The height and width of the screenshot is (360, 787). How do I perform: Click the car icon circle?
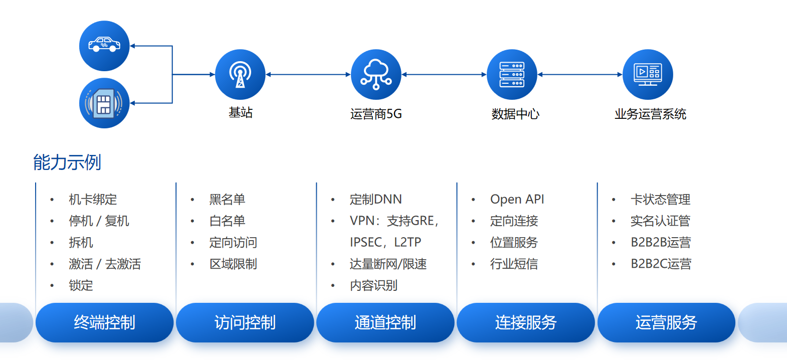[104, 46]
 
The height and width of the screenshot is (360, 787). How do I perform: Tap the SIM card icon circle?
[104, 103]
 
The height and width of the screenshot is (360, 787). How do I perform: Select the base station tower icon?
[240, 74]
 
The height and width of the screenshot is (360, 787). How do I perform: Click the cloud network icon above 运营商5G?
[376, 74]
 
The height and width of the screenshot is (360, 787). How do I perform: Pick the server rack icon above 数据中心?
[512, 74]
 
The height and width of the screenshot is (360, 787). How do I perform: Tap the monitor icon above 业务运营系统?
[648, 74]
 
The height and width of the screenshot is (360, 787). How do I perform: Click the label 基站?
[241, 112]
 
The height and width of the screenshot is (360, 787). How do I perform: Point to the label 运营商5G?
[376, 114]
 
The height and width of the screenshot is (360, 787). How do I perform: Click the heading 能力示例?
[67, 162]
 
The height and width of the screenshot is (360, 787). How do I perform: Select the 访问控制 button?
[245, 322]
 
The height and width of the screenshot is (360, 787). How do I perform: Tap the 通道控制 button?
[385, 322]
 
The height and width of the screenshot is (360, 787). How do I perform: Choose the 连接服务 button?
[526, 322]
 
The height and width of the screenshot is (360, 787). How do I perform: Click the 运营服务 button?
[666, 322]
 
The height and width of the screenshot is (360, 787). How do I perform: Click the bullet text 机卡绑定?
[93, 200]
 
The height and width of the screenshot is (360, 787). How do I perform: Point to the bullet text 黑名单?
[227, 200]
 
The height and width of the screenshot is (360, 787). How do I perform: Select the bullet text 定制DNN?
[375, 200]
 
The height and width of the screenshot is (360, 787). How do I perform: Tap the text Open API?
[517, 200]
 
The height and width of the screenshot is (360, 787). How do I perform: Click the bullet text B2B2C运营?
[661, 264]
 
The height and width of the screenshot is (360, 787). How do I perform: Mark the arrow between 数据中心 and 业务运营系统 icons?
[580, 75]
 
